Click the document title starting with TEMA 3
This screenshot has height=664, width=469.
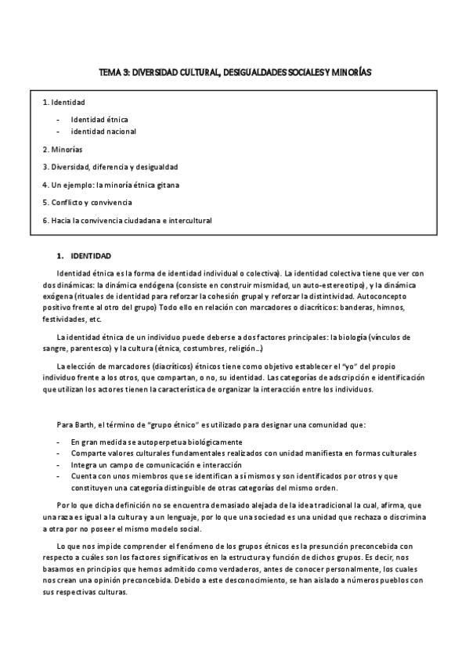click(x=235, y=71)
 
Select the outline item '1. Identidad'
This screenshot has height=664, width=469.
click(x=63, y=103)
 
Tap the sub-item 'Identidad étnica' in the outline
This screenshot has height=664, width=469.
click(x=99, y=119)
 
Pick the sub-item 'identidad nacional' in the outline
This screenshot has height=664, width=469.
click(x=103, y=132)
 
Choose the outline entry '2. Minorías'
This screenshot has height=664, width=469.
click(x=63, y=149)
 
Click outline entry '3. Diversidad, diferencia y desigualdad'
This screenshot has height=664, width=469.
click(x=110, y=167)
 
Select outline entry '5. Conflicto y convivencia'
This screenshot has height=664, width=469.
click(x=88, y=203)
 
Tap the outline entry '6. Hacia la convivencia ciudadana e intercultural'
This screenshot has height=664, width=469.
click(x=127, y=221)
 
